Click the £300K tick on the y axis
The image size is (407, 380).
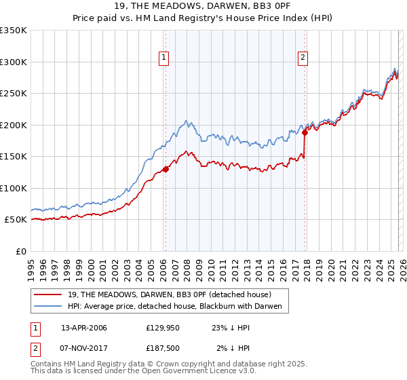click(x=14, y=62)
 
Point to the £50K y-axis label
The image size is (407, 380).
click(x=16, y=220)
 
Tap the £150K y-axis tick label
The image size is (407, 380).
click(x=14, y=157)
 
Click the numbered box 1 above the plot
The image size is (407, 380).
click(x=164, y=58)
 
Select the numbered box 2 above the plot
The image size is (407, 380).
click(x=303, y=58)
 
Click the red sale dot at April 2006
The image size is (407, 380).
click(x=166, y=170)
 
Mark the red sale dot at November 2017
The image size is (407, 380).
click(x=305, y=133)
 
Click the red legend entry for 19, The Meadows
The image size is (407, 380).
click(x=169, y=294)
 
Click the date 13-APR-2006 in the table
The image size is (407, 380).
click(x=84, y=328)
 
